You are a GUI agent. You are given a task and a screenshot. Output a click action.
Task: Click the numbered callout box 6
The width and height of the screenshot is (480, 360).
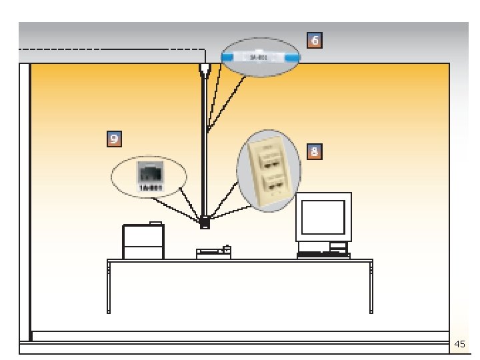pos(315,41)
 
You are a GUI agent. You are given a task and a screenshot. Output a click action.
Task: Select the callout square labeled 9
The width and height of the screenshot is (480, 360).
pos(115,139)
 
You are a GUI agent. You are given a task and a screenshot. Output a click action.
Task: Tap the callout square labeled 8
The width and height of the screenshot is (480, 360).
pos(315,151)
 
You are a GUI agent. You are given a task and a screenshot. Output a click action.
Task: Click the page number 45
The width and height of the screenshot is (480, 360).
pos(459,345)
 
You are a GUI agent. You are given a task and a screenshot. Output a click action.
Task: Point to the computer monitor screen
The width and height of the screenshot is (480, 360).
pos(323,217)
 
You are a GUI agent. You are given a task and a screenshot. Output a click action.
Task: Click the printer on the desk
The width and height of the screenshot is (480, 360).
pos(143,241)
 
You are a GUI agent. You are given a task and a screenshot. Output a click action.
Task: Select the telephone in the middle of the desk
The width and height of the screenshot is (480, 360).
pos(213,253)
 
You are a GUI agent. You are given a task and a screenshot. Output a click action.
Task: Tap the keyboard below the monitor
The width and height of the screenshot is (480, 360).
pos(323,255)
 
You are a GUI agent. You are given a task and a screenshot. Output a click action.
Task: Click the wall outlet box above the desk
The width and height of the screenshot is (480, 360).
pos(205,222)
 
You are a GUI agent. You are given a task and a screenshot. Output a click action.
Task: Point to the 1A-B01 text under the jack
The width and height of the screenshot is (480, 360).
pos(149,188)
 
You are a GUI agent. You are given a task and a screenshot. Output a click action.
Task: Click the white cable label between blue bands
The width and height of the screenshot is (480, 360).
pos(261,58)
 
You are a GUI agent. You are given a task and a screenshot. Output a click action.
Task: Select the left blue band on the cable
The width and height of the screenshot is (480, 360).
pos(227,58)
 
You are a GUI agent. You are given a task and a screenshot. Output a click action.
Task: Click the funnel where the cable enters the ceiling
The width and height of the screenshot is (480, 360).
pos(205,69)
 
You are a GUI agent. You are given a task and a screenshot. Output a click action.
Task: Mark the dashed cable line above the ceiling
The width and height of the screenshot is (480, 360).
pos(100,49)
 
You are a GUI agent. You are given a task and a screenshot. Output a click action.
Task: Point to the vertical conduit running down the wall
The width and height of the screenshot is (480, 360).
pos(204,147)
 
